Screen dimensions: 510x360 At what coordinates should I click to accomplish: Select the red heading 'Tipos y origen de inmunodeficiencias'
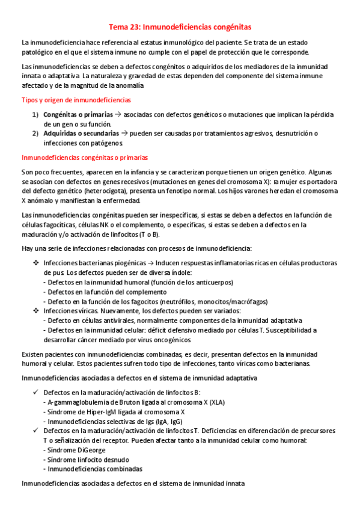pyautogui.click(x=76, y=99)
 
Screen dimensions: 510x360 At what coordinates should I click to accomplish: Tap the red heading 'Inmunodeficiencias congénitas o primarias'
pyautogui.click(x=84, y=157)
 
